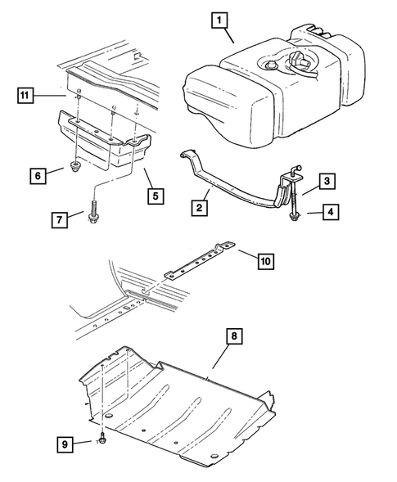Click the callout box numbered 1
point(219,20)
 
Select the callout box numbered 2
point(199,208)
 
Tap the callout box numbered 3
point(327,181)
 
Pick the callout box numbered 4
point(331,212)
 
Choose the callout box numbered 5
point(156,196)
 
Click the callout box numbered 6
point(38,176)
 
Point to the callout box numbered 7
point(60,219)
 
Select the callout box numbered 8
point(234,336)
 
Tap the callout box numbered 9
point(65,444)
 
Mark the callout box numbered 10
point(266,261)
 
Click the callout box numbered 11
point(25,95)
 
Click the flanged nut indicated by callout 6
point(74,167)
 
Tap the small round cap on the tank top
point(270,65)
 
